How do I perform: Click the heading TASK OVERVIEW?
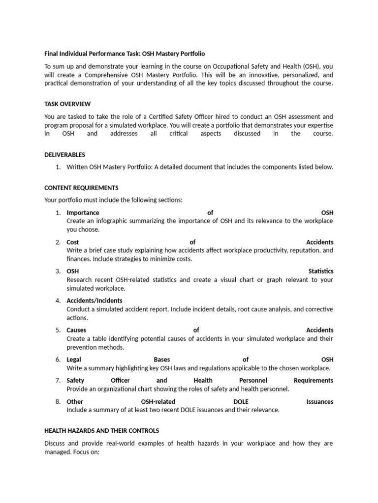67,104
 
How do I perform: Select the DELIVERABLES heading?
64,155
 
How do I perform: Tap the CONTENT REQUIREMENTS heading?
81,188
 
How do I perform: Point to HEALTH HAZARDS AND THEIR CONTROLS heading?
101,431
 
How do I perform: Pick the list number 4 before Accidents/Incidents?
58,301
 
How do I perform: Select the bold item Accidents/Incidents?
94,301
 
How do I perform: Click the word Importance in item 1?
83,213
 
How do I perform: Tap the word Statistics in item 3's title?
320,271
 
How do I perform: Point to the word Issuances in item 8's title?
319,402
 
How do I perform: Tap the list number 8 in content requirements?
58,402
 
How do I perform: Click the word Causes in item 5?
76,330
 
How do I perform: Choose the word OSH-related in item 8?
158,402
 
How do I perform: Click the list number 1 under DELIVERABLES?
58,167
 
